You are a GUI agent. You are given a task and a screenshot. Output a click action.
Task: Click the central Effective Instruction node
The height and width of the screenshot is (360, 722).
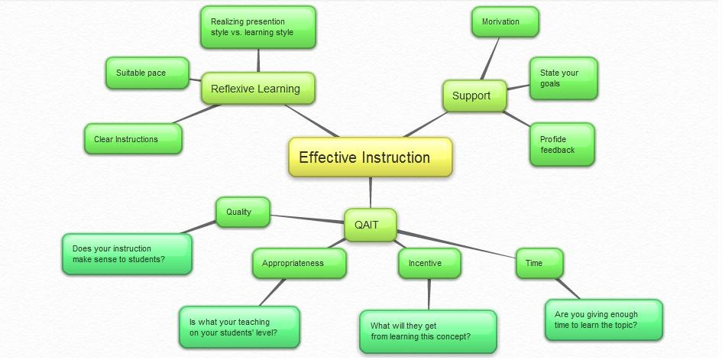click(x=371, y=157)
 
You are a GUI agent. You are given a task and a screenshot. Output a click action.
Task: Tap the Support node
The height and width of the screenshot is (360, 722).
click(x=474, y=96)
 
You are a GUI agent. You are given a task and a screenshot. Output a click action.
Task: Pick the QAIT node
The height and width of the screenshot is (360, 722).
click(x=370, y=225)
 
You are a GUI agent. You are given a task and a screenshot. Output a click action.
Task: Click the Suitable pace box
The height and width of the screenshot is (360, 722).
click(x=147, y=73)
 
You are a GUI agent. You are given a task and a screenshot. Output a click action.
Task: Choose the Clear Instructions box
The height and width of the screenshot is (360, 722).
click(x=132, y=139)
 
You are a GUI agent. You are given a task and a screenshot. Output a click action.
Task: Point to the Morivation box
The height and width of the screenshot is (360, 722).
click(x=505, y=21)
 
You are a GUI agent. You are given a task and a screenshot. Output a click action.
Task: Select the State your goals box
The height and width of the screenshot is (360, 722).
click(x=563, y=78)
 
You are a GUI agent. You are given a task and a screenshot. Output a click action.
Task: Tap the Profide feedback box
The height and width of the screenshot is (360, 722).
click(x=562, y=144)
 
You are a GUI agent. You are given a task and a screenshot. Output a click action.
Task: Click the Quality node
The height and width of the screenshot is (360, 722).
click(x=242, y=212)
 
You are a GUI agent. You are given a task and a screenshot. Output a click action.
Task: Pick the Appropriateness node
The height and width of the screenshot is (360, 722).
click(x=299, y=263)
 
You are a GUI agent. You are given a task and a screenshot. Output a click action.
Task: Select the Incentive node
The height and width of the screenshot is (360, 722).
click(x=429, y=263)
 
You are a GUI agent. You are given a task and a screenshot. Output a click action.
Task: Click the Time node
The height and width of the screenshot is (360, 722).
click(x=539, y=263)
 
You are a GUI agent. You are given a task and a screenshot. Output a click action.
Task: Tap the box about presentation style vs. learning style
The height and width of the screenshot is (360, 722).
click(x=257, y=28)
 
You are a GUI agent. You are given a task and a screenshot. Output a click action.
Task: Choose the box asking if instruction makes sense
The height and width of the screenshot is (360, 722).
click(x=126, y=254)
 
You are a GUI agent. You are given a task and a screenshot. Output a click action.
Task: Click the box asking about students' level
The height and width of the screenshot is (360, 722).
click(x=238, y=327)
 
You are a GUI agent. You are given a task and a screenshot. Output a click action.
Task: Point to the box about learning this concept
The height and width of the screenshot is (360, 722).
click(x=427, y=331)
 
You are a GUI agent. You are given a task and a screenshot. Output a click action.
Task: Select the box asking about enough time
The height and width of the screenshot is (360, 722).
click(x=603, y=319)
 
